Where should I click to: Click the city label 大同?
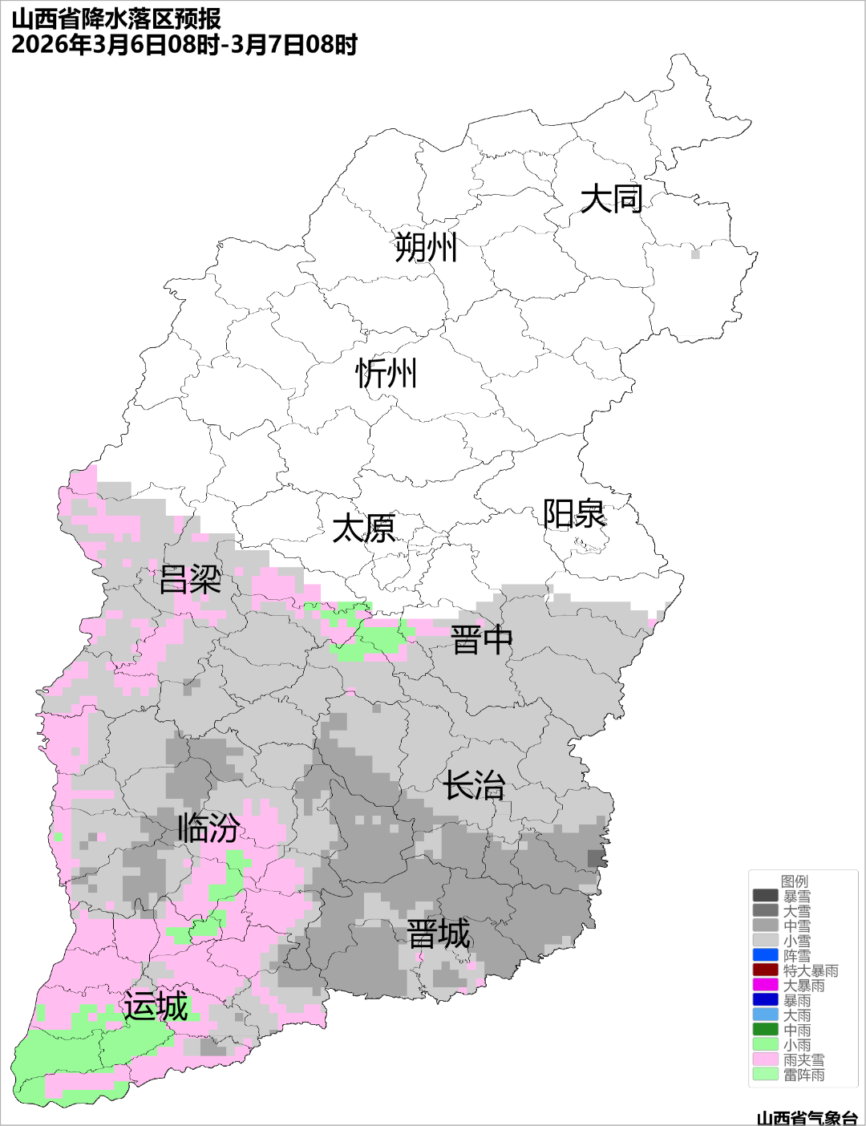(x=611, y=199)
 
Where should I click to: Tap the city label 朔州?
(x=426, y=247)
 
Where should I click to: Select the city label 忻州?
(x=386, y=374)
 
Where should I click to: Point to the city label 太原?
(x=364, y=529)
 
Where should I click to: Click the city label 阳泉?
(x=574, y=514)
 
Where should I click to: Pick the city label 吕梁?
(x=190, y=580)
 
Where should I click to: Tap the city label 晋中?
(x=481, y=641)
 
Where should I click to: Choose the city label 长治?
(x=475, y=786)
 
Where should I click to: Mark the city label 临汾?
(x=208, y=828)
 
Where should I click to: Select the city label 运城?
(x=156, y=1007)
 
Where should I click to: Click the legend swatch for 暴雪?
(x=765, y=896)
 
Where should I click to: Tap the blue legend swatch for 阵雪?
(x=765, y=955)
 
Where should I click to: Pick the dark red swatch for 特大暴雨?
(x=765, y=970)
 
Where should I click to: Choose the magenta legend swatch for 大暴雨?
(x=765, y=985)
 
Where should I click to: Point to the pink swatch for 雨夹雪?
(x=765, y=1059)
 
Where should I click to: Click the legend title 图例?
(x=795, y=881)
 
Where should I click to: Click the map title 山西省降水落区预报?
(x=116, y=18)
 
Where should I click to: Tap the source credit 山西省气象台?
(x=807, y=1117)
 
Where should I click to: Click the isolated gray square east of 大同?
(x=695, y=254)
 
